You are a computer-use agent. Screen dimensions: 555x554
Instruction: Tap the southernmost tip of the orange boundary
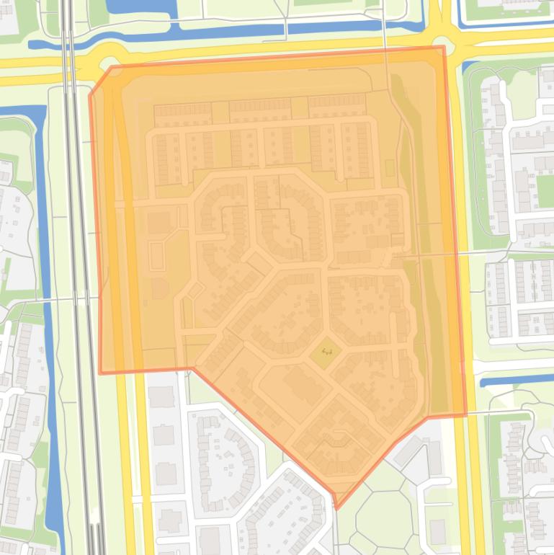point(336,508)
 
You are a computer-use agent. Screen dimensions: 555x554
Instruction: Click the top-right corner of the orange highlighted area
point(443,48)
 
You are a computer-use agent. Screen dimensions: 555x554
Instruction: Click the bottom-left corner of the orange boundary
point(99,373)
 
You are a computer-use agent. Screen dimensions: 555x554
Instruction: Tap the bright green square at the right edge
point(545,189)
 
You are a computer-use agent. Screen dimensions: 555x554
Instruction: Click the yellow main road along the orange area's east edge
point(461,216)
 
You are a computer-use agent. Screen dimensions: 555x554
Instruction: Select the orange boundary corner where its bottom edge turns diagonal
point(193,368)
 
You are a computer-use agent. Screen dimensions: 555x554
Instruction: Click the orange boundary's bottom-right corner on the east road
point(465,415)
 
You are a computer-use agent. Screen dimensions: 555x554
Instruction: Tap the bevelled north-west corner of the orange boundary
point(99,80)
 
